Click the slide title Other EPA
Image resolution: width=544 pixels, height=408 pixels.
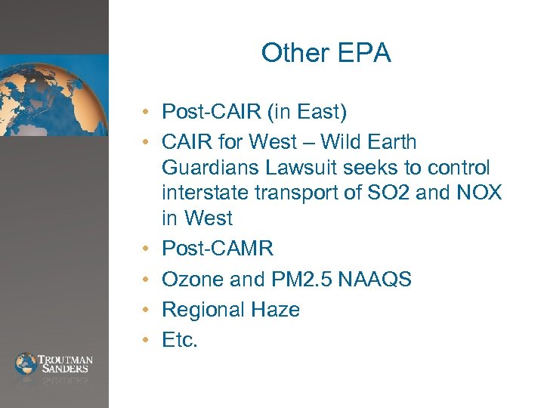(326, 53)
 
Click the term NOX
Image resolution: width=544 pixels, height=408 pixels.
(478, 193)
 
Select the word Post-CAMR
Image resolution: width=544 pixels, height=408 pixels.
(218, 249)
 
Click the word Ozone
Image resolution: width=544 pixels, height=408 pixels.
(193, 280)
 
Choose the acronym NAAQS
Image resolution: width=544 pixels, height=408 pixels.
(375, 280)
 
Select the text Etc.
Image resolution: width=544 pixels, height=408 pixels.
(180, 340)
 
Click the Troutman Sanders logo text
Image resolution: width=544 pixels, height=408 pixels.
(64, 363)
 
